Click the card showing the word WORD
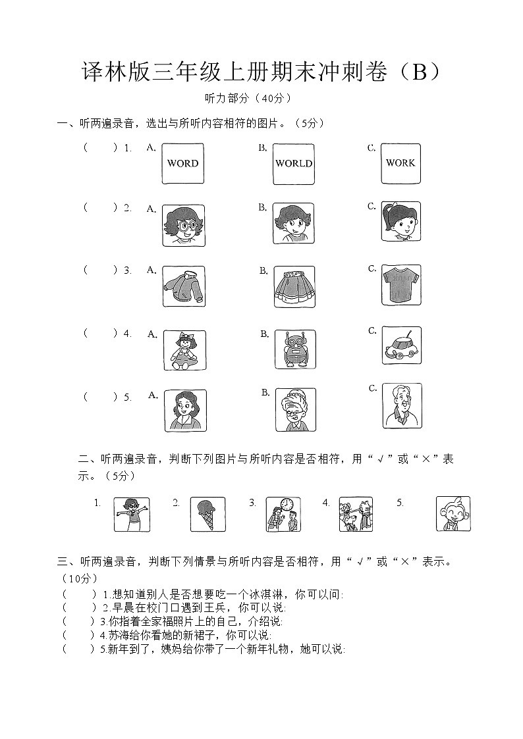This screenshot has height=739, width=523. [x=182, y=163]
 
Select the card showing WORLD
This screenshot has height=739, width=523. [x=294, y=164]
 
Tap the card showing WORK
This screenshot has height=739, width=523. [x=400, y=163]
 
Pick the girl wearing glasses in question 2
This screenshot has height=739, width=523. [x=183, y=225]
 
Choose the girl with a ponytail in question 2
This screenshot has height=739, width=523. [x=400, y=221]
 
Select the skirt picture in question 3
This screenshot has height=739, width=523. [x=294, y=286]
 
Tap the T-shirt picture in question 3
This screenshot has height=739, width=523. [x=400, y=285]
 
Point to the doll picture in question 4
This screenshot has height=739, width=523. [x=184, y=350]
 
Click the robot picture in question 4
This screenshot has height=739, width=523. [x=294, y=349]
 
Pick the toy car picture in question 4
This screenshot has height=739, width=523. [x=401, y=345]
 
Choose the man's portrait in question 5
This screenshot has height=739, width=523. [x=402, y=406]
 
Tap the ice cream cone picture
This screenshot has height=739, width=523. [x=207, y=514]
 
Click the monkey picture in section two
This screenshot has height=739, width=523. [x=453, y=513]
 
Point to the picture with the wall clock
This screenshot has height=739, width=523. [x=283, y=514]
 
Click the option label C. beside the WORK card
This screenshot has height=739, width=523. [x=372, y=148]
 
